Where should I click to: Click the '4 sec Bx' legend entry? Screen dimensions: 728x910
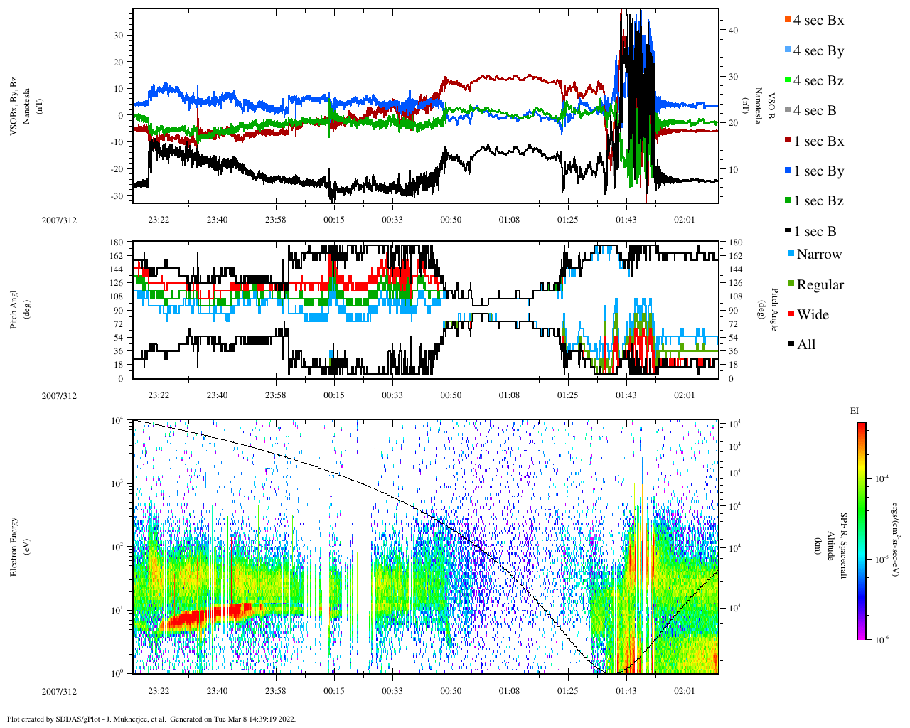tap(818, 21)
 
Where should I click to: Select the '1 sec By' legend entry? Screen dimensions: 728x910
tap(818, 171)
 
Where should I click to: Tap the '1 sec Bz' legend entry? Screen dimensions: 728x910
tap(818, 201)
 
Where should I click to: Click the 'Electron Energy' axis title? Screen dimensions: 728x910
tap(14, 547)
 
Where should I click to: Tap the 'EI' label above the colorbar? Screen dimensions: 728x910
tap(855, 411)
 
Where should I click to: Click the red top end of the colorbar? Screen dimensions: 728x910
tap(862, 426)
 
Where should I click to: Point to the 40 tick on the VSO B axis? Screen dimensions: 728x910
tap(732, 31)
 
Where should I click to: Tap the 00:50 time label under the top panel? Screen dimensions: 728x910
tap(451, 220)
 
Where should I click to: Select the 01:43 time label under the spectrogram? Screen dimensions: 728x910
tap(626, 691)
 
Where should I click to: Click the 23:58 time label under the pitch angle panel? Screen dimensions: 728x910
tap(275, 395)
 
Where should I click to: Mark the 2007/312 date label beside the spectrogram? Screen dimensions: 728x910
tap(59, 691)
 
